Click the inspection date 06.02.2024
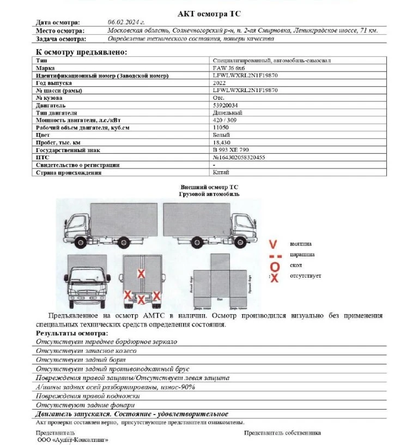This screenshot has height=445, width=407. point(126,22)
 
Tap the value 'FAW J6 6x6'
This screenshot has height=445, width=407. point(229,68)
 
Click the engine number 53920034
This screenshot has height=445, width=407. point(224,105)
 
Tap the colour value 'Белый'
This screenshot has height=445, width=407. point(221,135)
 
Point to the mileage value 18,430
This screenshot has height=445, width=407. point(222,142)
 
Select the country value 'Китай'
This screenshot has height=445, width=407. point(221,172)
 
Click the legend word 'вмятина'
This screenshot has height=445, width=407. point(301,244)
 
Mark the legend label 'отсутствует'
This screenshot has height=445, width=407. point(305,276)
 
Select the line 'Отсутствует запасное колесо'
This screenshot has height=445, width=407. point(86,351)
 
